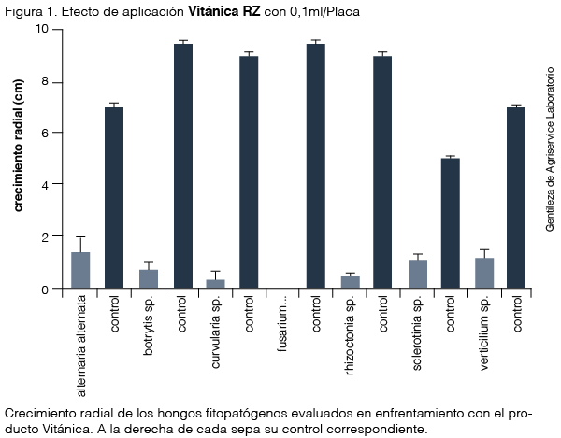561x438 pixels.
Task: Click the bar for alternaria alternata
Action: (80, 270)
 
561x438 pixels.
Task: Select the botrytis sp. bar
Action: (149, 278)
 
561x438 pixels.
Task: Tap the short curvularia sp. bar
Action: (215, 284)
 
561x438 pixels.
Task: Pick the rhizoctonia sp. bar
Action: (351, 281)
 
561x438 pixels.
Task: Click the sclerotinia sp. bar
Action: (418, 274)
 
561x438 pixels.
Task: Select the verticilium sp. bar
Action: (484, 273)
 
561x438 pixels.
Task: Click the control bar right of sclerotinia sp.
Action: (450, 223)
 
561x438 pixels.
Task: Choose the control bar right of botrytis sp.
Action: (183, 166)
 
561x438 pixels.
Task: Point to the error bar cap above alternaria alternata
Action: (80, 236)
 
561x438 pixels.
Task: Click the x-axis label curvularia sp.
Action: (215, 332)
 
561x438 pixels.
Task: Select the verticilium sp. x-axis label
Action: (484, 333)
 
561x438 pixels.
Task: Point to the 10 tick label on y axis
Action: (41, 29)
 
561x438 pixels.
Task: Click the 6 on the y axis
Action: (45, 133)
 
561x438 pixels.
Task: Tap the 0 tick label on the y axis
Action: (45, 290)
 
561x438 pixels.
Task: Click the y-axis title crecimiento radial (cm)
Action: (18, 146)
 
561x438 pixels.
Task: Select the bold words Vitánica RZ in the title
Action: (224, 12)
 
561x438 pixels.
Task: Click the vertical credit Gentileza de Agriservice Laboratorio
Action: (550, 149)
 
